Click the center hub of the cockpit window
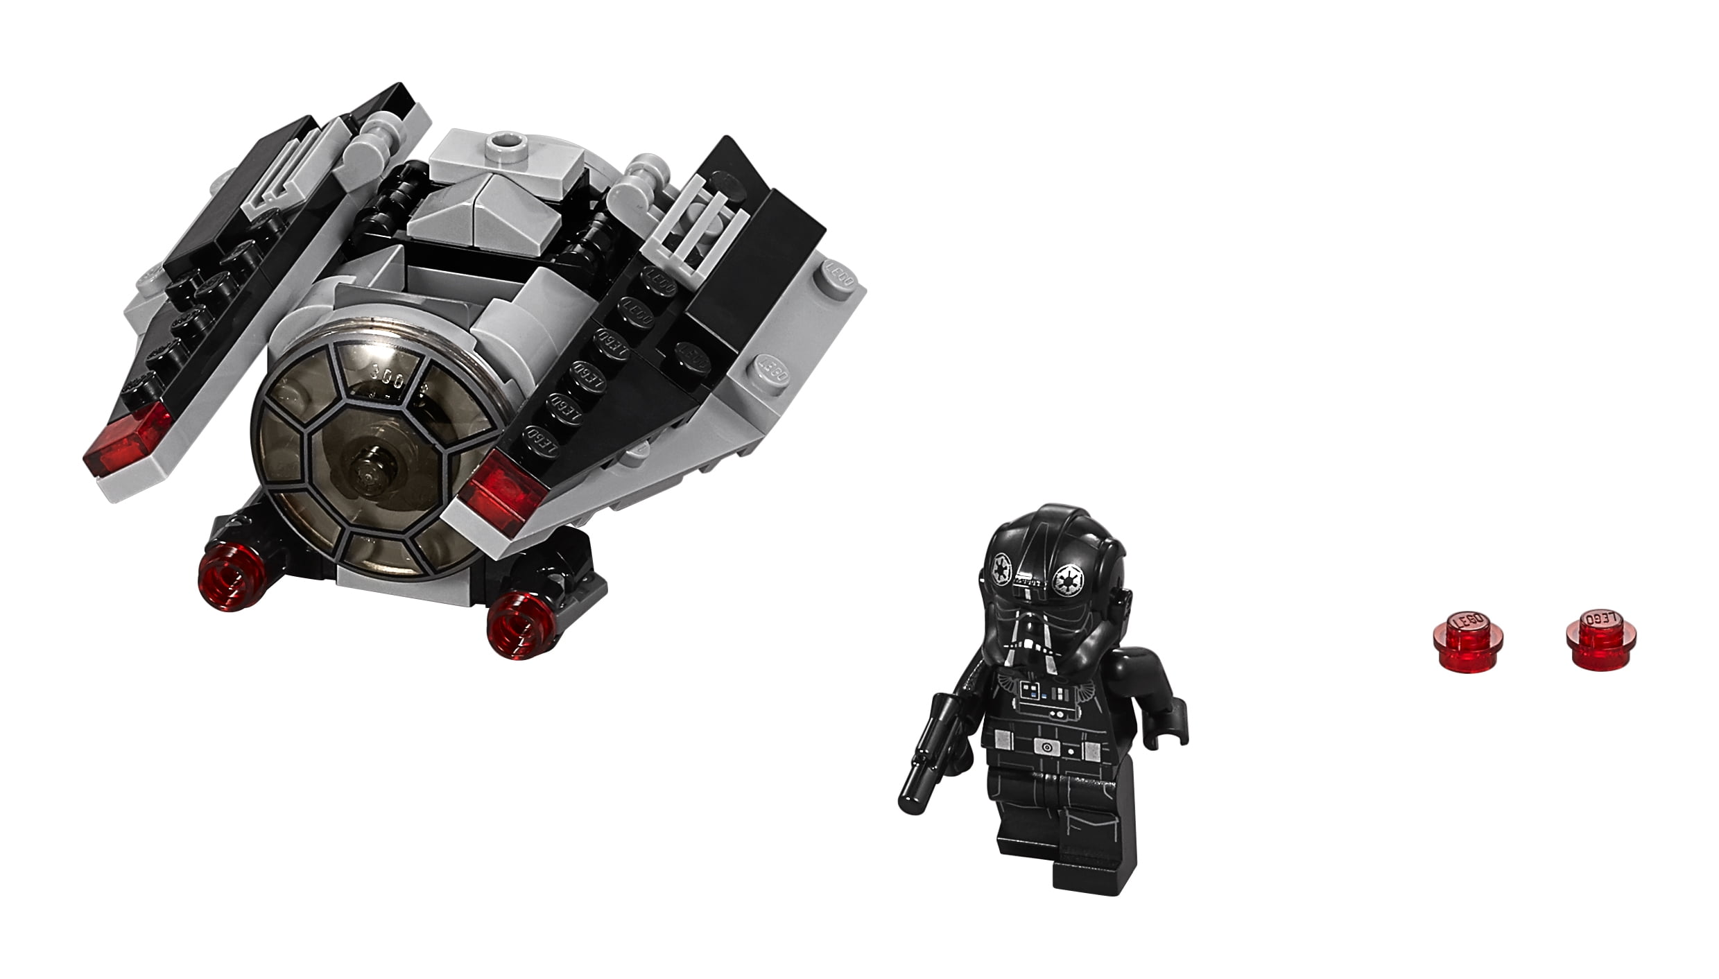[366, 474]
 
